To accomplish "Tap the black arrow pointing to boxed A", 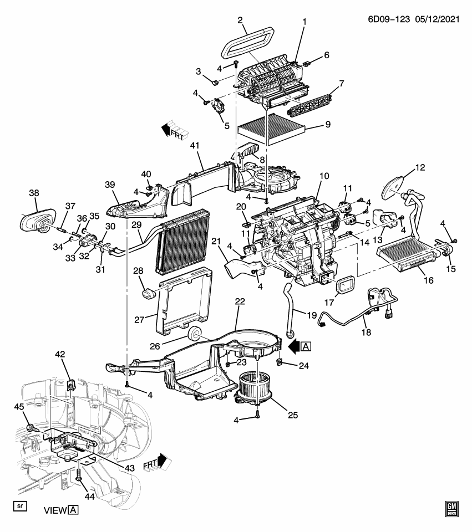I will [x=293, y=346].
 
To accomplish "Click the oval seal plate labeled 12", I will [x=395, y=186].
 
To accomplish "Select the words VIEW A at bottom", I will [x=61, y=510].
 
